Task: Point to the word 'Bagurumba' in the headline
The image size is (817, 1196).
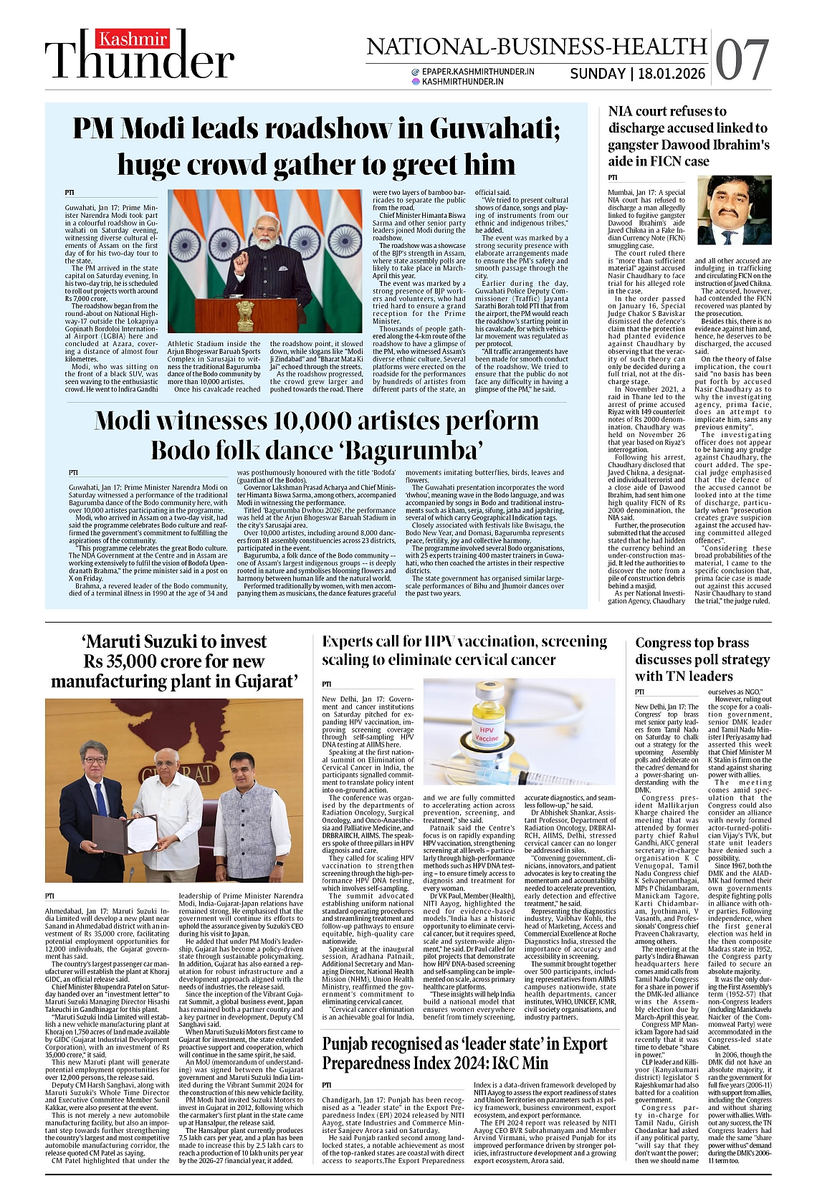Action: tap(420, 451)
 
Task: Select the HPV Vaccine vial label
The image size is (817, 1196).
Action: tap(487, 731)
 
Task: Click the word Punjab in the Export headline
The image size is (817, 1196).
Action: tap(352, 1044)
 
